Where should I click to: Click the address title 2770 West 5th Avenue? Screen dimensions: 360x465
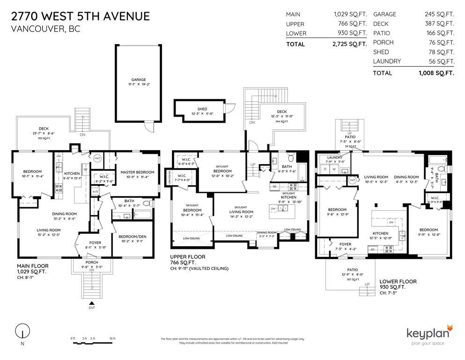[80, 16]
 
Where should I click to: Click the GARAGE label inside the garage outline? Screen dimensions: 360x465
[138, 80]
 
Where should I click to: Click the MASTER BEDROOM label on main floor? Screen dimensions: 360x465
[137, 172]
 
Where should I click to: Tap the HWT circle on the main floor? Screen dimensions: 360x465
[98, 158]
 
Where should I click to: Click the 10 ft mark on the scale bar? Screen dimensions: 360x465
[112, 338]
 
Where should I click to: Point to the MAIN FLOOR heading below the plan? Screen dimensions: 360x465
[33, 266]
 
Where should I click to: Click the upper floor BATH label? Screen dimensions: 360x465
[287, 166]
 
